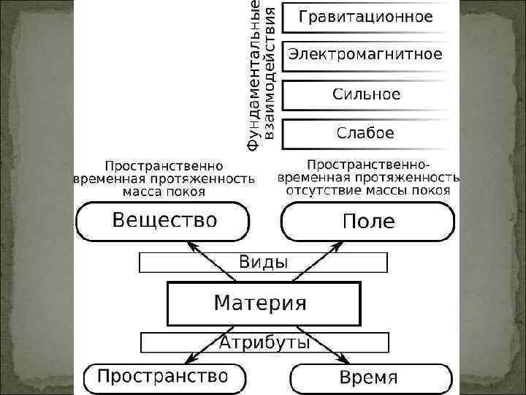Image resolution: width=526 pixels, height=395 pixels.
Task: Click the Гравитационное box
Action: pyautogui.click(x=365, y=17)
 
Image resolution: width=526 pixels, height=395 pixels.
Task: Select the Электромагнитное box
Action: pyautogui.click(x=365, y=55)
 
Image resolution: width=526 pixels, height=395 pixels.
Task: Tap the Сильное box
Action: pyautogui.click(x=365, y=94)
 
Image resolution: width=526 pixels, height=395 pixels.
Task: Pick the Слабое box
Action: pyautogui.click(x=365, y=133)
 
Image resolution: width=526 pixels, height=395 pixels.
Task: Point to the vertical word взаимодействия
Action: pyautogui.click(x=269, y=73)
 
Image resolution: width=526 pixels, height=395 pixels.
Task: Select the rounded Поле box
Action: pyautogui.click(x=368, y=222)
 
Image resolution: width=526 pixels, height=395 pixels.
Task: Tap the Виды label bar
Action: pyautogui.click(x=263, y=262)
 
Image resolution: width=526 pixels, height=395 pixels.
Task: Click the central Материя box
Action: pyautogui.click(x=263, y=303)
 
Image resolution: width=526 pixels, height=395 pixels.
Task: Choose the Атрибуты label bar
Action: pyautogui.click(x=263, y=342)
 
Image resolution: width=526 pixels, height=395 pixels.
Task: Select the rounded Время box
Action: pyautogui.click(x=368, y=378)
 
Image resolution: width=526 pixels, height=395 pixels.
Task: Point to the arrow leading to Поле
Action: pyautogui.click(x=313, y=260)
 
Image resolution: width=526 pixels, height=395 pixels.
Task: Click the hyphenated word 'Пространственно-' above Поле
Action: pyautogui.click(x=368, y=163)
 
